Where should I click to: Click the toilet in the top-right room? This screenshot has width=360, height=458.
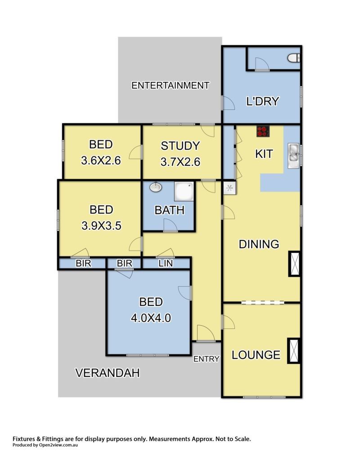(294, 58)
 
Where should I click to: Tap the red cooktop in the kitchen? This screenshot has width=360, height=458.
(263, 131)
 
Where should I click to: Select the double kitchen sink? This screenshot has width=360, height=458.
(293, 156)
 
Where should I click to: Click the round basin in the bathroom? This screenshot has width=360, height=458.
(156, 187)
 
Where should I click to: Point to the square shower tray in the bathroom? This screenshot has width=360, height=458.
(184, 192)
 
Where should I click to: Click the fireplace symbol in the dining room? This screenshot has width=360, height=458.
(294, 264)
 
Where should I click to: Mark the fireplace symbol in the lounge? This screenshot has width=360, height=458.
(294, 350)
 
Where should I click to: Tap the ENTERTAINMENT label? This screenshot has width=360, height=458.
(171, 85)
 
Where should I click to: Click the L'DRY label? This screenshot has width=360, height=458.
(263, 101)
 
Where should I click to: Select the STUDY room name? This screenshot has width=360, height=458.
(180, 146)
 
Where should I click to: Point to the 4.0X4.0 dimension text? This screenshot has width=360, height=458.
(151, 318)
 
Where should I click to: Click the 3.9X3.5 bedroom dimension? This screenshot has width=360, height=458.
(101, 226)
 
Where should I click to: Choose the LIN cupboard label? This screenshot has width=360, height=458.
(166, 264)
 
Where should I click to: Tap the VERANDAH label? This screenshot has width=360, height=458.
(108, 373)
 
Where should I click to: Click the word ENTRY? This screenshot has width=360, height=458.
(206, 359)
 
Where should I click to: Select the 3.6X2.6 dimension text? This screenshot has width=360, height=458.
(101, 161)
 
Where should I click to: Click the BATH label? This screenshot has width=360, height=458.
(170, 210)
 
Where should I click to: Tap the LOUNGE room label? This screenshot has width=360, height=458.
(256, 355)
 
